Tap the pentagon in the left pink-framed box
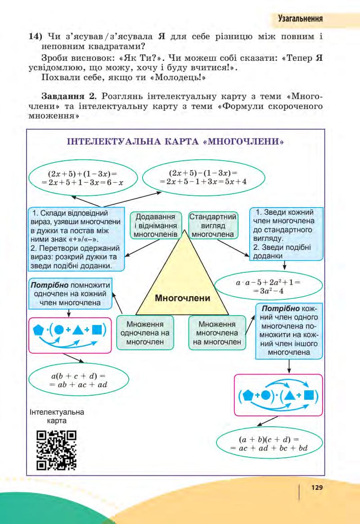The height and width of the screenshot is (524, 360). [x=39, y=330]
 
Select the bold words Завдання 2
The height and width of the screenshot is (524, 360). [x=62, y=96]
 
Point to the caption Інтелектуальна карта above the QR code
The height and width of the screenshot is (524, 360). [x=56, y=416]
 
